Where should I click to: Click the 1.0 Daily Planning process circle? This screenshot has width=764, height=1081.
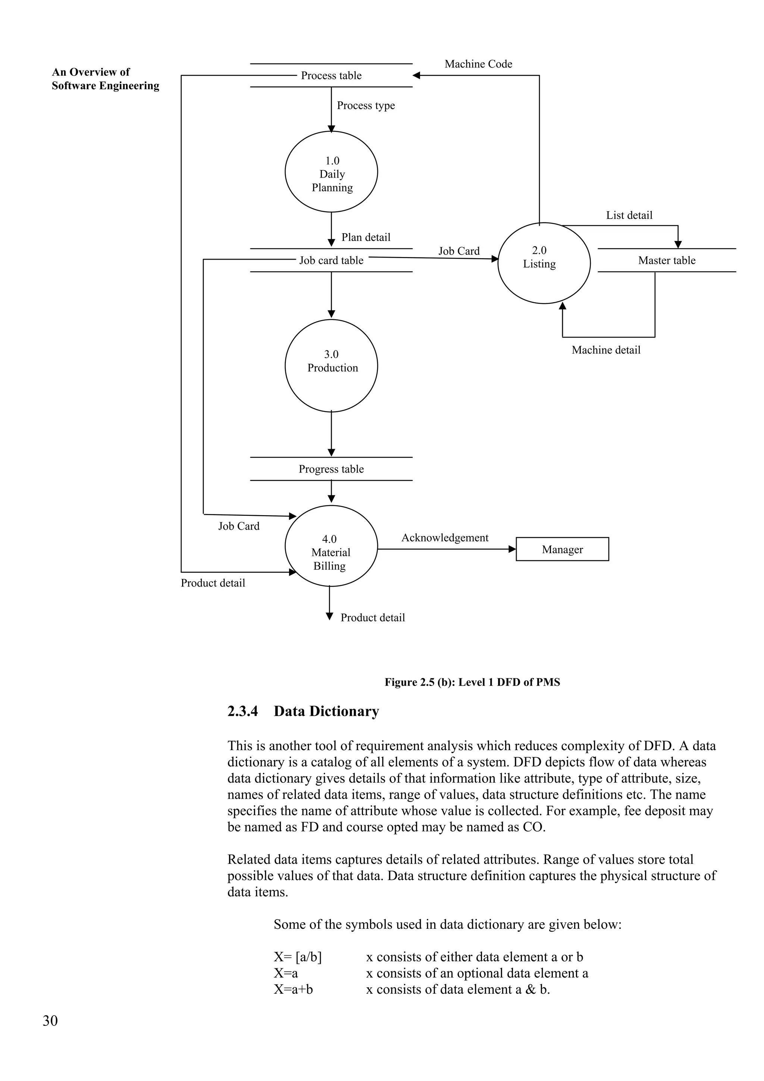[x=331, y=172]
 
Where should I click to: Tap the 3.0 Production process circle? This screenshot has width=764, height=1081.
[x=331, y=365]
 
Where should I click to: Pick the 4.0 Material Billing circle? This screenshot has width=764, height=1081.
[x=331, y=546]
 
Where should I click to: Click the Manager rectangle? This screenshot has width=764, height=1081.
[x=562, y=549]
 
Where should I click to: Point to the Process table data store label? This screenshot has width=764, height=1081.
[x=331, y=75]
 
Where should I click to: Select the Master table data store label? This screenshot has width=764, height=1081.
[x=667, y=260]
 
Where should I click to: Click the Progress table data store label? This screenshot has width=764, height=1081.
[x=331, y=469]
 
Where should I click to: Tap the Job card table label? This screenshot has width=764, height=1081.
[x=331, y=260]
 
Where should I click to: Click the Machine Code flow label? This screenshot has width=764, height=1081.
[x=478, y=64]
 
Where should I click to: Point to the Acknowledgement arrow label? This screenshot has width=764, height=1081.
[x=444, y=538]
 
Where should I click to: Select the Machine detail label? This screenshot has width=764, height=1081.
[x=606, y=350]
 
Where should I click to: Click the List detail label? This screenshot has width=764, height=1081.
[x=629, y=215]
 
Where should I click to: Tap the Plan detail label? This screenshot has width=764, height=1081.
[x=366, y=237]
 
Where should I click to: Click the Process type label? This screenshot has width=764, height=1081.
[x=366, y=106]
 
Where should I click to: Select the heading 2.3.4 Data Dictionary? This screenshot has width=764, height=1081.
[x=303, y=711]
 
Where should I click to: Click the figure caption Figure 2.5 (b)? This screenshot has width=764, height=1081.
[x=472, y=682]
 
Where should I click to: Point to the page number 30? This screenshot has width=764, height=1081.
[x=50, y=1020]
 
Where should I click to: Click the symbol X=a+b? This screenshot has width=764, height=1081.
[x=293, y=989]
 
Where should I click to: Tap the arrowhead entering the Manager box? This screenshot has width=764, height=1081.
[x=513, y=549]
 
